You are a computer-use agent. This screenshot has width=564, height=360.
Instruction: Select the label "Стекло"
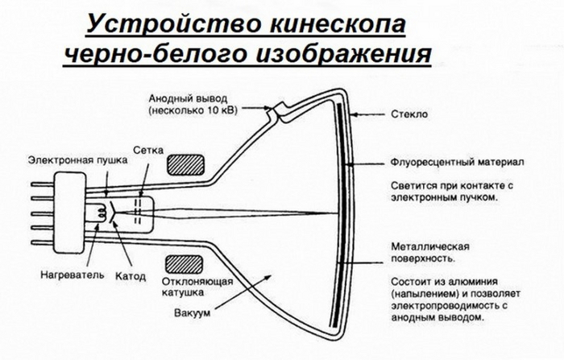(x=413, y=114)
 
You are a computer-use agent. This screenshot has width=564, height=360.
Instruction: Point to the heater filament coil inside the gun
(x=101, y=213)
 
